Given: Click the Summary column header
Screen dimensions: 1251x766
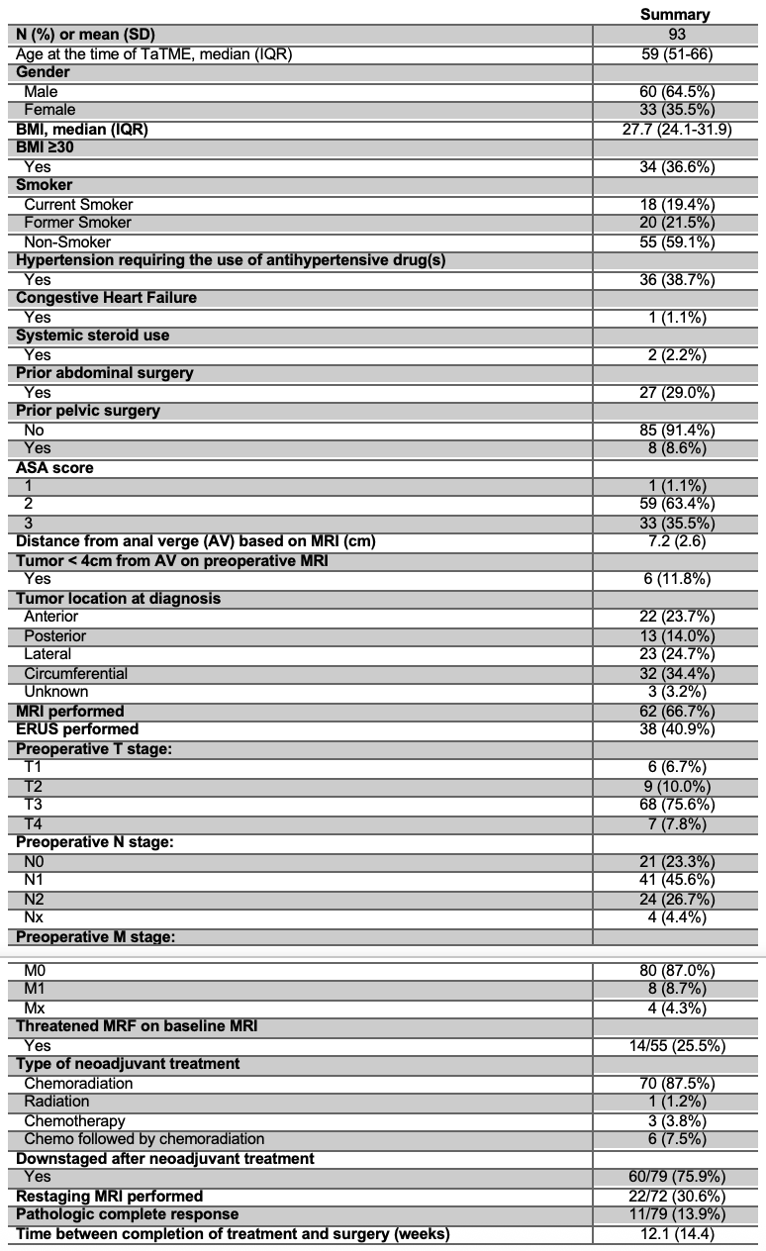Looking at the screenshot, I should click(x=677, y=15).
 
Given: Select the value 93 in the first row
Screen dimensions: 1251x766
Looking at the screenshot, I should click(x=677, y=34).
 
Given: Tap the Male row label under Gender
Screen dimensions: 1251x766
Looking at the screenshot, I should click(x=41, y=91).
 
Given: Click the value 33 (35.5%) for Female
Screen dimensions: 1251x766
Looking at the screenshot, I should click(x=677, y=110).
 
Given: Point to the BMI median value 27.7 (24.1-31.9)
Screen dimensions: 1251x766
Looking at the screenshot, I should click(x=677, y=129).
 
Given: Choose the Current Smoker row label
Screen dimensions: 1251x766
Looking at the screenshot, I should click(x=78, y=204).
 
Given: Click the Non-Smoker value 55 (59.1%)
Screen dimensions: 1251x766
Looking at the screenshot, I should click(x=677, y=241).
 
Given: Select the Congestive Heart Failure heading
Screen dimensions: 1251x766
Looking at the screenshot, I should click(x=106, y=298).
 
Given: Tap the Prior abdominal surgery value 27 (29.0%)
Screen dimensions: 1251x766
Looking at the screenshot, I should click(x=677, y=392).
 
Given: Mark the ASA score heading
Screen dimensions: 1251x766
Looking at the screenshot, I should click(x=54, y=467).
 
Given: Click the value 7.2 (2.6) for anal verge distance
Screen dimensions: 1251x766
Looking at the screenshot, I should click(x=677, y=541).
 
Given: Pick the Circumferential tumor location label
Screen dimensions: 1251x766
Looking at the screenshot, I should click(x=76, y=673).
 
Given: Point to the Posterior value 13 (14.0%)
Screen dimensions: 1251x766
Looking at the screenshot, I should click(x=677, y=635).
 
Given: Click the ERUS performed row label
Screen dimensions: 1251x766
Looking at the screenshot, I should click(x=77, y=729).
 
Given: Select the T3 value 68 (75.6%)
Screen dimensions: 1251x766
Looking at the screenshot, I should click(x=677, y=805).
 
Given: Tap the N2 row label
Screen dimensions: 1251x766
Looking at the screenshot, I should click(x=36, y=899).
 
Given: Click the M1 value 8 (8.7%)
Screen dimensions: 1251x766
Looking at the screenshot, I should click(x=677, y=989).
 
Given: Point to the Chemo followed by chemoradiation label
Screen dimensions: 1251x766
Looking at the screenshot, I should click(x=144, y=1139).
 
